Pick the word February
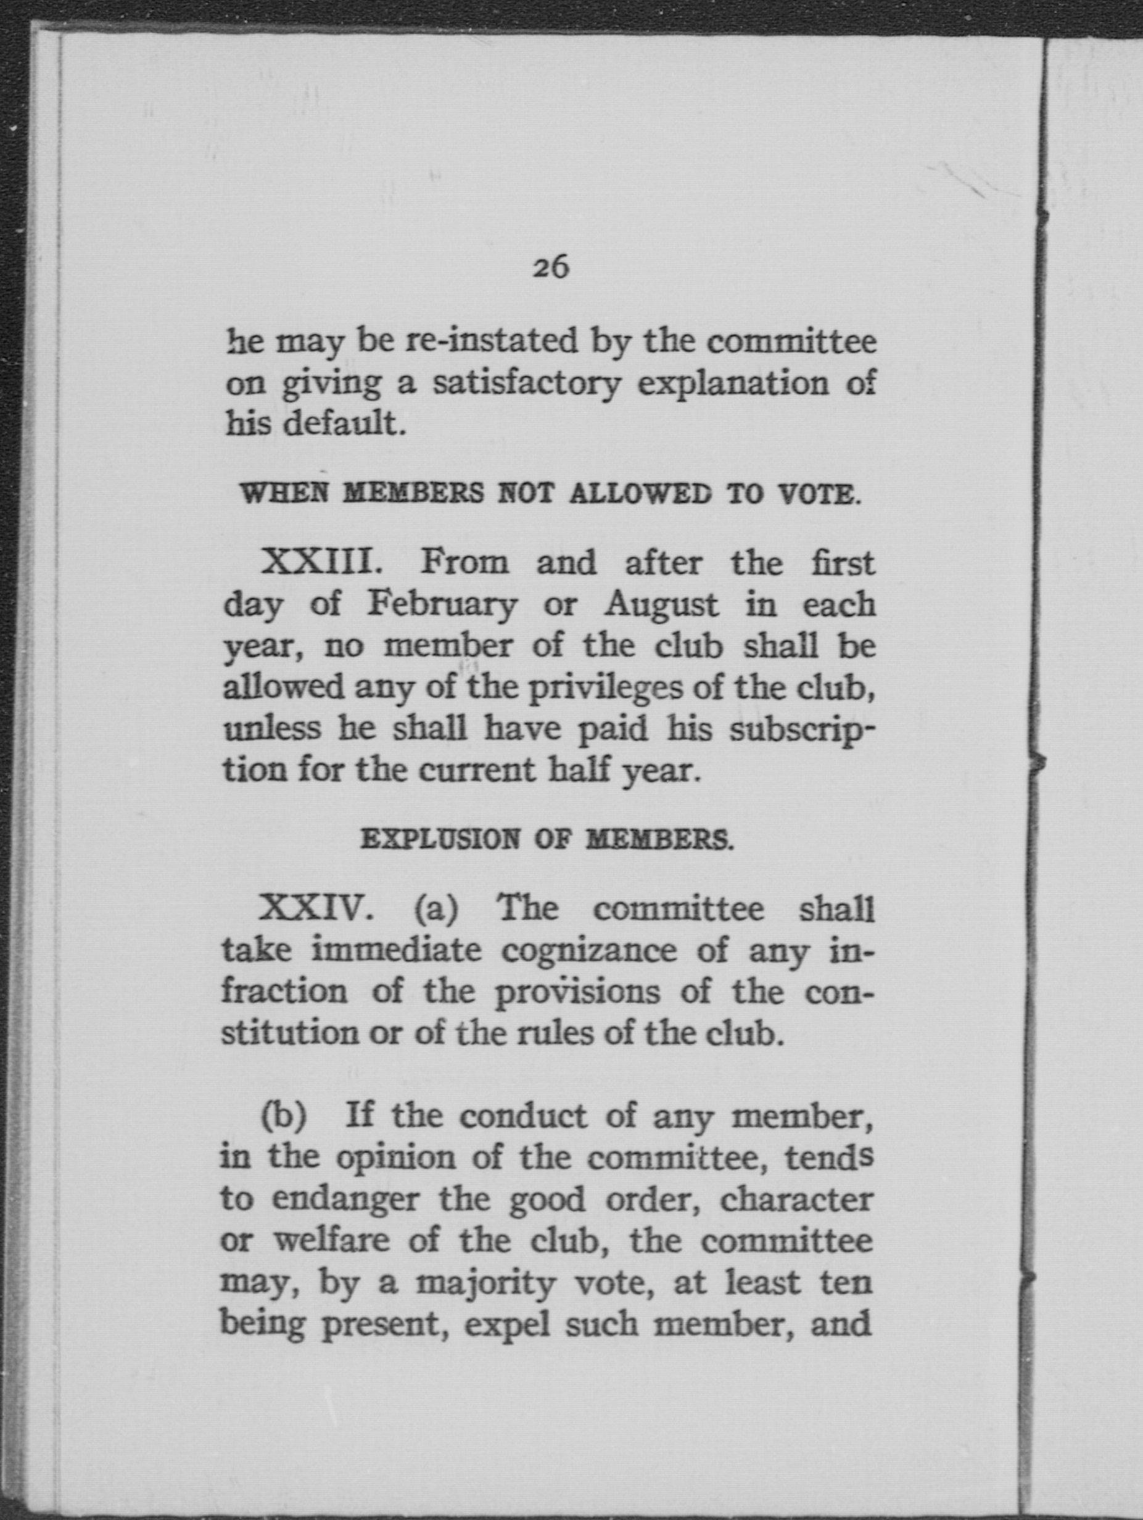[442, 605]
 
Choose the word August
[661, 605]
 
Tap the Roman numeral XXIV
[315, 909]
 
